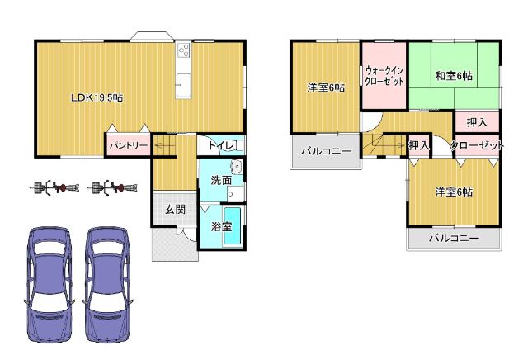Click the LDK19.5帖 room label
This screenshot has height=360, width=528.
tap(97, 97)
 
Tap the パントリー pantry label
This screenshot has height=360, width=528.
tap(127, 145)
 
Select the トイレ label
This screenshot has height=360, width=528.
tap(223, 146)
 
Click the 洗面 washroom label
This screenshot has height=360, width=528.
tap(220, 180)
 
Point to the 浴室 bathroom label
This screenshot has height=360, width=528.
tap(220, 226)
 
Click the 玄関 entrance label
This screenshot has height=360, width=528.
tap(174, 209)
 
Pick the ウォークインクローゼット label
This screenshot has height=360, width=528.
tap(384, 77)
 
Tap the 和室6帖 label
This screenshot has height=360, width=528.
tap(454, 77)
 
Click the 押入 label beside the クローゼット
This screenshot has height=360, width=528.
tap(419, 146)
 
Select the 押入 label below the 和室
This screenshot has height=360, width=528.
tap(477, 122)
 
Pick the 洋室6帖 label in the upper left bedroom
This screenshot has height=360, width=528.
tap(326, 88)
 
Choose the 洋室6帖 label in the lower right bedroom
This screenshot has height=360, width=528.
tap(454, 192)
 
